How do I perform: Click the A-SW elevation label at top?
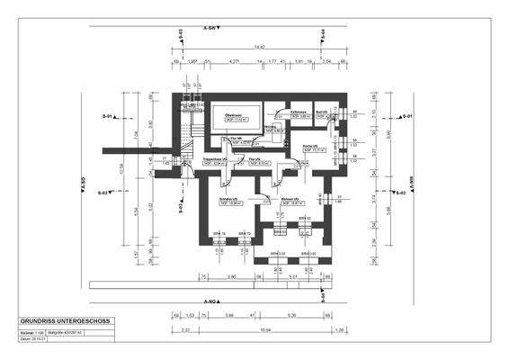pyautogui.click(x=211, y=29)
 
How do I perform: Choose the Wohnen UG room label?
pyautogui.click(x=289, y=200)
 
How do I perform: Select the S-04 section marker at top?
pyautogui.click(x=322, y=33)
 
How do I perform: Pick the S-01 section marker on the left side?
pyautogui.click(x=105, y=117)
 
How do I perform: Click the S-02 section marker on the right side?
pyautogui.click(x=406, y=193)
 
